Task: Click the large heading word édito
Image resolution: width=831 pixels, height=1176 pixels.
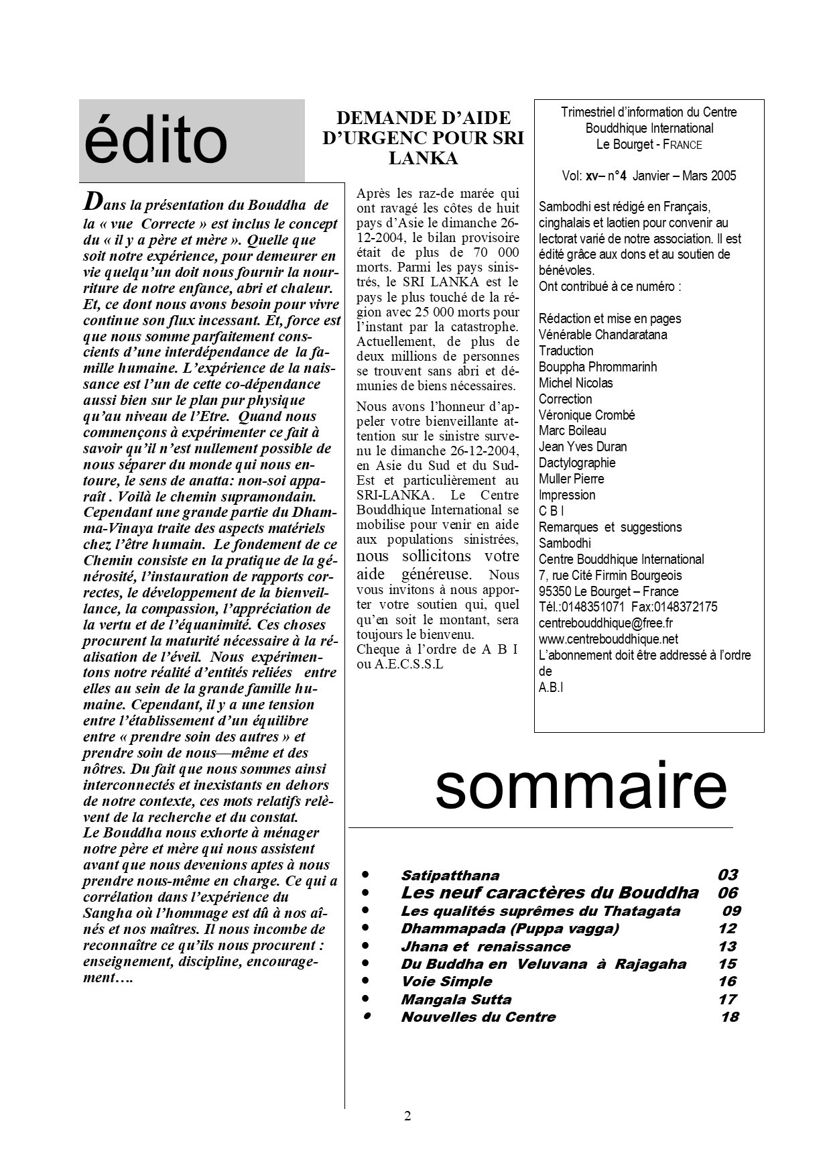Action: (x=156, y=141)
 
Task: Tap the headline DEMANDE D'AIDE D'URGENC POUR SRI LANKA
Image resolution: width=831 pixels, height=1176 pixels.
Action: (x=423, y=138)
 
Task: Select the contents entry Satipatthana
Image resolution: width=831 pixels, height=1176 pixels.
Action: (x=450, y=875)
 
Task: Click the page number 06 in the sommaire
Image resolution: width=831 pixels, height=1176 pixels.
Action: (x=727, y=892)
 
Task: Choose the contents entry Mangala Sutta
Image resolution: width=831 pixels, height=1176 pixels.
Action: (x=456, y=999)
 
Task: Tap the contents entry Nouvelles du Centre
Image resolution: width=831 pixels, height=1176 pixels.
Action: (x=478, y=1016)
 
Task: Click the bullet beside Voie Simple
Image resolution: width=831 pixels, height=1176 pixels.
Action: (x=366, y=981)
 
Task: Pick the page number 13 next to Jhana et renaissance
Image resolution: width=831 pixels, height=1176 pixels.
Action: (x=726, y=946)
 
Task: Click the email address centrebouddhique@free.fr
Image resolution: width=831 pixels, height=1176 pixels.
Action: (x=606, y=623)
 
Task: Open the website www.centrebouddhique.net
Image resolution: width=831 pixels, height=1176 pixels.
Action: (x=609, y=639)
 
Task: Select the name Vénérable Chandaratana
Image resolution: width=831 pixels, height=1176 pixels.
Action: (x=602, y=335)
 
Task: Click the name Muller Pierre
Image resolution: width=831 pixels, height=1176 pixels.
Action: (x=571, y=479)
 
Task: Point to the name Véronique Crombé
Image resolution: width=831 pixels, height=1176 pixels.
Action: (x=586, y=415)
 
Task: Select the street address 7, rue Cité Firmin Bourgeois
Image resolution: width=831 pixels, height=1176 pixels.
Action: (x=610, y=575)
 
